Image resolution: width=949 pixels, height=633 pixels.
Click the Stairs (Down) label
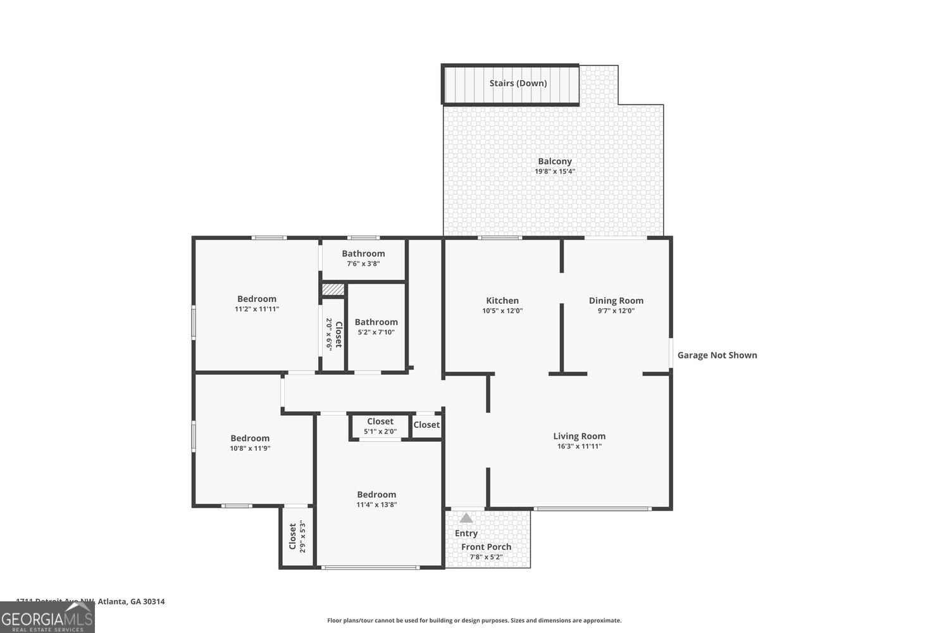[x=518, y=83]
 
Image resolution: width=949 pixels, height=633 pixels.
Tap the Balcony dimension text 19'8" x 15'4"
[x=555, y=172]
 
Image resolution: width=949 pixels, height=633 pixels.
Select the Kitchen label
[x=502, y=301]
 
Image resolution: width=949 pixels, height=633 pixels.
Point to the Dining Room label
[x=616, y=301]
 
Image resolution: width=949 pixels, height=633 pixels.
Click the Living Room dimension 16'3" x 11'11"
[x=579, y=446]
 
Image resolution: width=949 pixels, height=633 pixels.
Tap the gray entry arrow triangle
[x=466, y=518]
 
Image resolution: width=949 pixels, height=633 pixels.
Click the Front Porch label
[x=486, y=547]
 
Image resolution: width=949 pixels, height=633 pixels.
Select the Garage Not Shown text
[x=717, y=355]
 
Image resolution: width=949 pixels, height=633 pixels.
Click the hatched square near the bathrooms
[x=333, y=290]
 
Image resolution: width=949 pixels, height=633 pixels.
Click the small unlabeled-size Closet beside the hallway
[x=426, y=425]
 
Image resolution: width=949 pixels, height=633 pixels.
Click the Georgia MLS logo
[x=47, y=617]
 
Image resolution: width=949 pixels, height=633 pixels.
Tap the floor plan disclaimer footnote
[x=474, y=620]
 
